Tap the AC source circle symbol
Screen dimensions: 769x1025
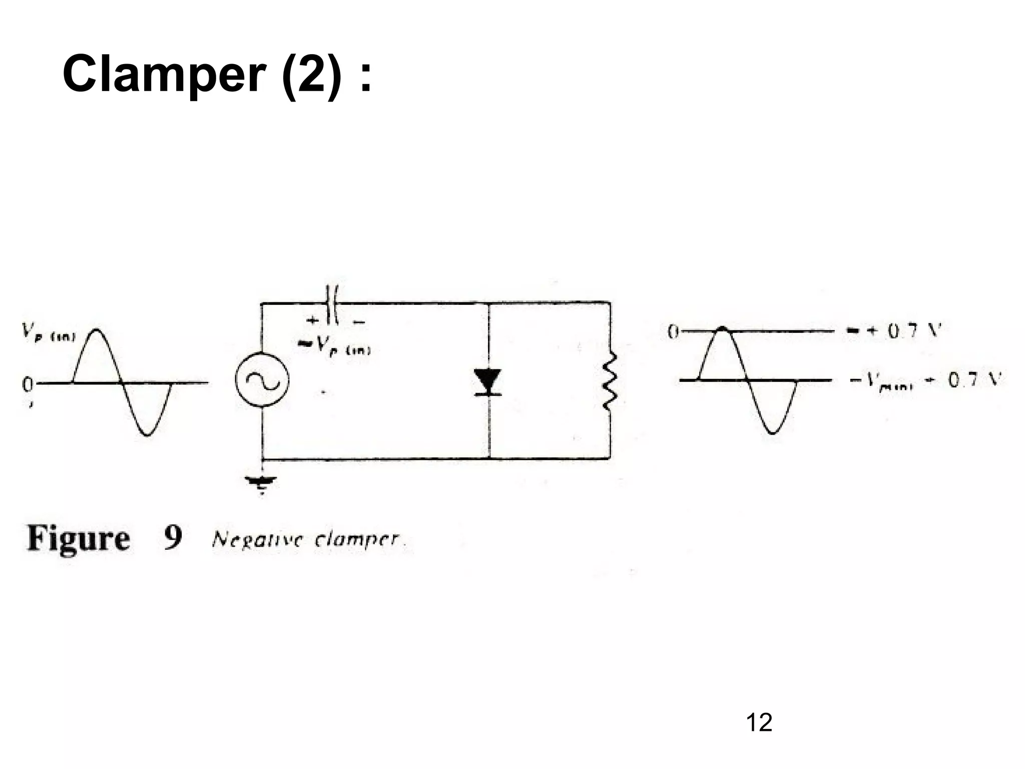coord(262,381)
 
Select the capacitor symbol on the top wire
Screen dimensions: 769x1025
coord(332,303)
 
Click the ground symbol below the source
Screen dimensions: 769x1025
coord(261,483)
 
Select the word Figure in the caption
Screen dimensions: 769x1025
coord(78,539)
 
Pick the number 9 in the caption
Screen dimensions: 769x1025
coord(173,538)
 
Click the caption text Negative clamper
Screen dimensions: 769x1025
coord(306,540)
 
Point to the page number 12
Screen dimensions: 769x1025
coord(759,722)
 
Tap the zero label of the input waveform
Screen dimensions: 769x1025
coord(28,384)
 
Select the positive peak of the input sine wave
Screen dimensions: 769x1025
coord(97,330)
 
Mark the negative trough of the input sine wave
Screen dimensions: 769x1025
coord(147,434)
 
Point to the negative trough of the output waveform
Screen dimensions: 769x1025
coord(772,432)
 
